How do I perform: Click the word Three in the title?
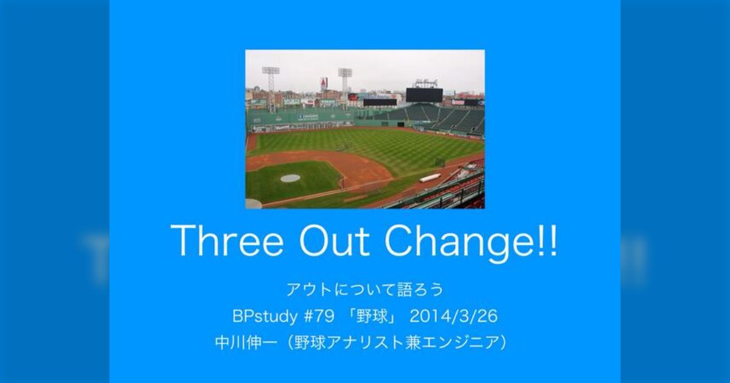pyautogui.click(x=227, y=241)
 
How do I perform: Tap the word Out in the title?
pyautogui.click(x=335, y=241)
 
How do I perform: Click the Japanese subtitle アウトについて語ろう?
pyautogui.click(x=365, y=289)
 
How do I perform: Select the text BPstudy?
pyautogui.click(x=265, y=316)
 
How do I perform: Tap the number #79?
pyautogui.click(x=319, y=316)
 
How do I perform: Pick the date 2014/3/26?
pyautogui.click(x=454, y=316)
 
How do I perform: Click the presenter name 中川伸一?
pyautogui.click(x=246, y=343)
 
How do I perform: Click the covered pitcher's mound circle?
pyautogui.click(x=290, y=178)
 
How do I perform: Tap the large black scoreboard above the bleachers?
pyautogui.click(x=425, y=95)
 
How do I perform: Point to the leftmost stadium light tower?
pyautogui.click(x=271, y=88)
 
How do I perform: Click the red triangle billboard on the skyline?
pyautogui.click(x=324, y=85)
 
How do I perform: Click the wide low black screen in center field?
pyautogui.click(x=380, y=102)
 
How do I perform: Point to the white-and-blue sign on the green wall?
pyautogui.click(x=308, y=117)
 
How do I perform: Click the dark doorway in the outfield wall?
pyautogui.click(x=401, y=124)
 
